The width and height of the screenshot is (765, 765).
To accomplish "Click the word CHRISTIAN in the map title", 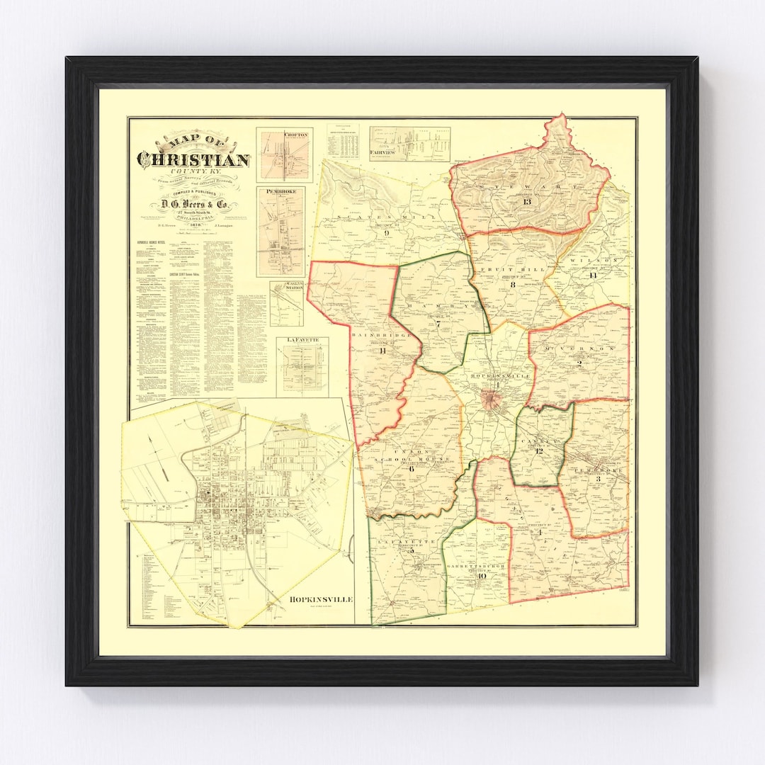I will pos(193,161).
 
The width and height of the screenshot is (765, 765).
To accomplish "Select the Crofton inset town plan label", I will pos(295,134).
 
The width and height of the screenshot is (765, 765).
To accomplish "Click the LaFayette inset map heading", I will pos(303,341).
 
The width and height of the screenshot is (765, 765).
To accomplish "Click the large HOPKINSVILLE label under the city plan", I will pos(320,599).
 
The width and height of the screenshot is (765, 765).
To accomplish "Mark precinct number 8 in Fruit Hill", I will pos(511,284).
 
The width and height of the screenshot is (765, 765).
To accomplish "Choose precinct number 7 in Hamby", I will pos(438,324).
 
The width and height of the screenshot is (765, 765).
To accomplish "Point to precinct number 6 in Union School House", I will pos(410,467).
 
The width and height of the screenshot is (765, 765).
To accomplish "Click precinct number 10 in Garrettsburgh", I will pos(482,576).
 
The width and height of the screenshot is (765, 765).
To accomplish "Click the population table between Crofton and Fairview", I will pos(343,141).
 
